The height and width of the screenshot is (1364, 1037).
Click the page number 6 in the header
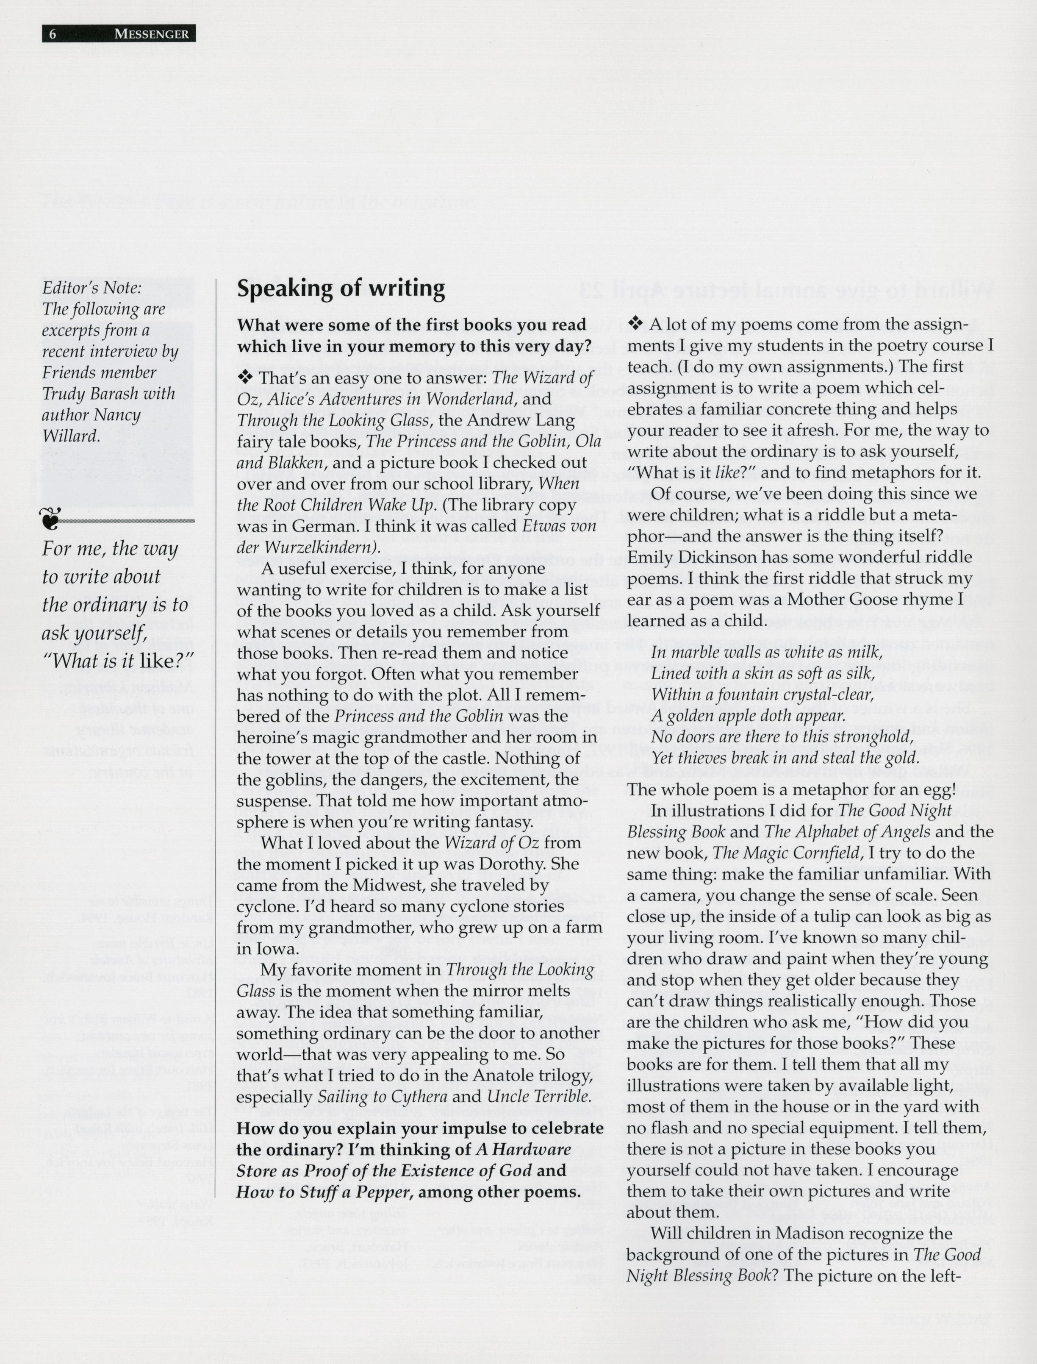(53, 34)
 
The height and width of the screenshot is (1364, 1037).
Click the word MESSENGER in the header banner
(151, 34)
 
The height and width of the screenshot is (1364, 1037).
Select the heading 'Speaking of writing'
(341, 289)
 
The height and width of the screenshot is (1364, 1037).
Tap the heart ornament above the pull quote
(50, 519)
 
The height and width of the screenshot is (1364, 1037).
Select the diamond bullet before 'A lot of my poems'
(635, 323)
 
